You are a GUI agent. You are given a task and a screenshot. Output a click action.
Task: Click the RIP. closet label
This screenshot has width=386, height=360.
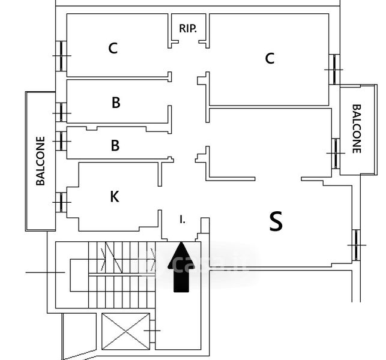[x=188, y=29]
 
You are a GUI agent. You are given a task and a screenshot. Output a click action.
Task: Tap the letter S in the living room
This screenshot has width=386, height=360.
[x=276, y=221]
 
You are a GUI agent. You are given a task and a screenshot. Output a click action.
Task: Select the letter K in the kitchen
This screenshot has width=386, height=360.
[x=115, y=197]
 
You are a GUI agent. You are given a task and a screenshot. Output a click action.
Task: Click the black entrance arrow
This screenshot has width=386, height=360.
[x=181, y=267]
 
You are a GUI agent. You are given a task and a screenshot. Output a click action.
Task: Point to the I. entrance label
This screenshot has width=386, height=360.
[x=182, y=220]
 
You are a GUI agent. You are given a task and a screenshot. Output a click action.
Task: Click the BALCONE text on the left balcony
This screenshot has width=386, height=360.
[x=40, y=161]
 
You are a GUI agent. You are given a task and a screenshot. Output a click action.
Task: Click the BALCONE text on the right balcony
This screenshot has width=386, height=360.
[x=357, y=128]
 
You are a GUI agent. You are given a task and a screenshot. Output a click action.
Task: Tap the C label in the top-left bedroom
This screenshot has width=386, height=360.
[x=113, y=48]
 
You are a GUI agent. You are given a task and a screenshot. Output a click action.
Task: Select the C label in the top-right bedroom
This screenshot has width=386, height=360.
[x=270, y=59]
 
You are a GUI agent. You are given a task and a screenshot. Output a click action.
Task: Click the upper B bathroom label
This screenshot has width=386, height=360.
[x=116, y=103]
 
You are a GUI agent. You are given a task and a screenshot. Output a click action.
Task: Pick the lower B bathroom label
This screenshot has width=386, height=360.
[x=115, y=145]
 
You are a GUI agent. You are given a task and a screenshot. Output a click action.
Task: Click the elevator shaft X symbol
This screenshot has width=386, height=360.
[x=126, y=331]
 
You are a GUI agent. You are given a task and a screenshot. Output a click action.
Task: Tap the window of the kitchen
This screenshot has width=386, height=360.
[x=61, y=202]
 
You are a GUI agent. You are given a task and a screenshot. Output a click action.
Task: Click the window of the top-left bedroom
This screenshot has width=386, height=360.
[x=61, y=56]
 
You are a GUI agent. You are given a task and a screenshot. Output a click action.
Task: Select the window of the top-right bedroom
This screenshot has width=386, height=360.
[x=334, y=70]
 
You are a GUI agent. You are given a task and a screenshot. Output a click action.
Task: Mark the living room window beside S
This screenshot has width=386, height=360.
[x=356, y=245]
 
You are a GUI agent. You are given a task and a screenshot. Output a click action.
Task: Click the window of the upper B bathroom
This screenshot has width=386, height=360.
[x=61, y=113]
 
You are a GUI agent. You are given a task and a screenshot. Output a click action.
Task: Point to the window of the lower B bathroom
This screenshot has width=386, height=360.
[x=61, y=141]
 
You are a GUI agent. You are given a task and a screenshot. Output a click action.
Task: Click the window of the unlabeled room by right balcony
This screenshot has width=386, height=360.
[x=336, y=154]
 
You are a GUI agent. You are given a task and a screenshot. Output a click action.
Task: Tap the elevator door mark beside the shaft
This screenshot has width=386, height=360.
[x=152, y=331]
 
